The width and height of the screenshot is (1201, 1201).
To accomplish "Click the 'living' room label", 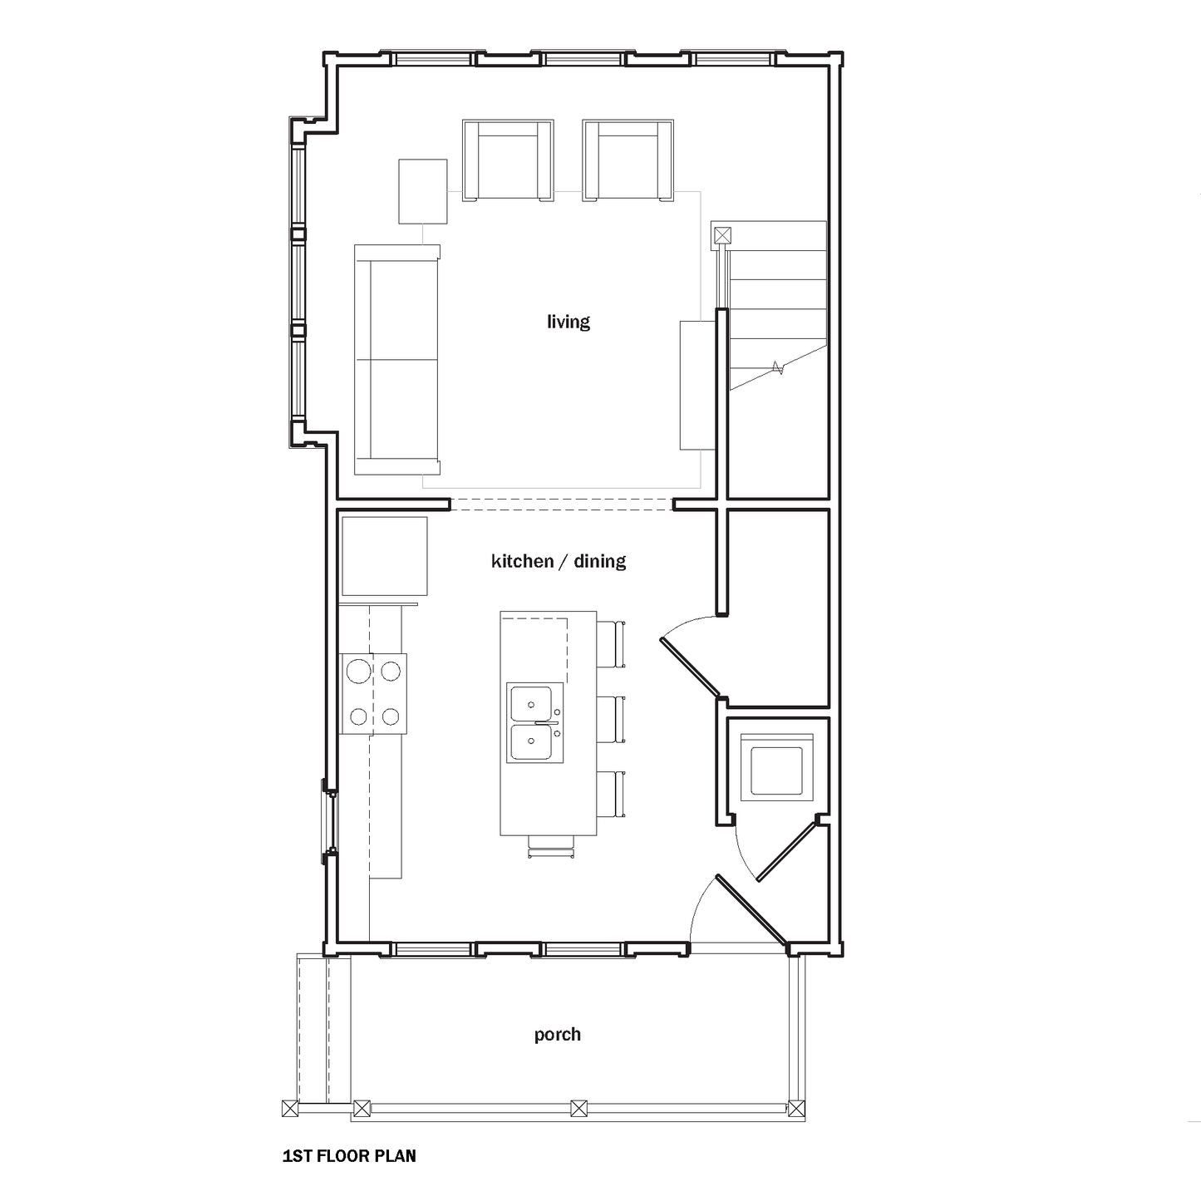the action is (568, 322).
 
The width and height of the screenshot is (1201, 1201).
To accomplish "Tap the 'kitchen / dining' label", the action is (559, 561).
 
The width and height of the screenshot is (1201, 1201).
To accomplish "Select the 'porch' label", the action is (557, 1035).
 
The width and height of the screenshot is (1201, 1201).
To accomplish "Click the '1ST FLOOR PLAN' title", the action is (349, 1156).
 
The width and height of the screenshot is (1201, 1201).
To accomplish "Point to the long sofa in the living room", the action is (397, 360).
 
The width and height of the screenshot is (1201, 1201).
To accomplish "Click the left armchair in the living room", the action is (508, 160).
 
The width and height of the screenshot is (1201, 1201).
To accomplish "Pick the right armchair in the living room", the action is (628, 160).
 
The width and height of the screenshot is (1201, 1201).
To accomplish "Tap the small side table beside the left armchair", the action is (423, 191).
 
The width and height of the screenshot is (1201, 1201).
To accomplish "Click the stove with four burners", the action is (374, 694).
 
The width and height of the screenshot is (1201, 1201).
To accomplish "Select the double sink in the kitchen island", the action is (534, 722).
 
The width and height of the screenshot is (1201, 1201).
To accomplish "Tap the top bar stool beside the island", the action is (612, 644).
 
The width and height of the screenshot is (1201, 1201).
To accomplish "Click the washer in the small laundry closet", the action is (776, 767).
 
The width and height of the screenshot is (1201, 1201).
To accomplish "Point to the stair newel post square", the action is (721, 235).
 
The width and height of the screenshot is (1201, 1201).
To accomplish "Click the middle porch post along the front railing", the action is (579, 1109).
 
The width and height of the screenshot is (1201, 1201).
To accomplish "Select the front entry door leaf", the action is (751, 910).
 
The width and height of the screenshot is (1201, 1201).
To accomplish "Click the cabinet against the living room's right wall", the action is (697, 385).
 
